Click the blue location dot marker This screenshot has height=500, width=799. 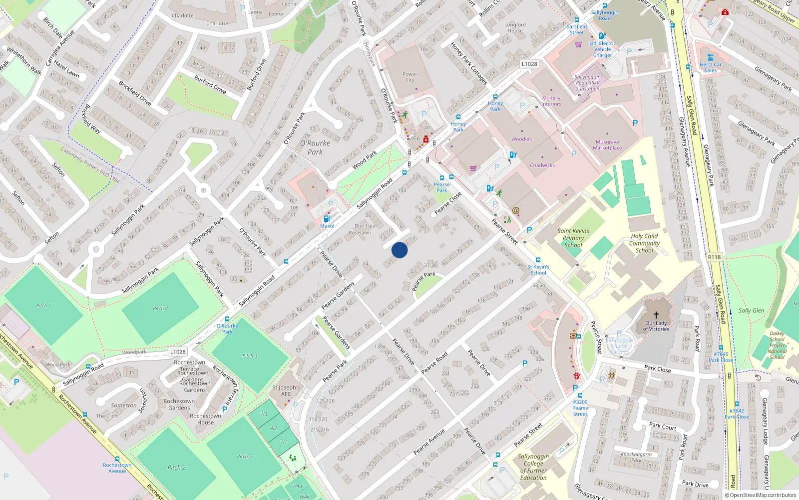[399, 250]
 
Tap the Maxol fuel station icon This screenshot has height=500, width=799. [327, 218]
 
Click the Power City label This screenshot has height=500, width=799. [410, 77]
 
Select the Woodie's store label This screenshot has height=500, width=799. [522, 139]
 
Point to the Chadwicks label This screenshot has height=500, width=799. [542, 165]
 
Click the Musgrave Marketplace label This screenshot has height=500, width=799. [607, 145]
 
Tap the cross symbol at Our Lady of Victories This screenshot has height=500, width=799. [656, 314]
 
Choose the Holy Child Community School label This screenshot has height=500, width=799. [644, 243]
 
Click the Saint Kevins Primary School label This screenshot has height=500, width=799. [573, 238]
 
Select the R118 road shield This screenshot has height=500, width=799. [714, 257]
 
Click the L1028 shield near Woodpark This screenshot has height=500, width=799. [177, 351]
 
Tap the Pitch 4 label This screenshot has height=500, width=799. [160, 308]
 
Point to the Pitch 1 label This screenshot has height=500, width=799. [43, 305]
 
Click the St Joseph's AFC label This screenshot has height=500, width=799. [286, 390]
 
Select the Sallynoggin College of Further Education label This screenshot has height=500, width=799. [533, 467]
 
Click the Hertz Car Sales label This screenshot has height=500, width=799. [711, 67]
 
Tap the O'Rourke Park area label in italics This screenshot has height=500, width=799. [315, 147]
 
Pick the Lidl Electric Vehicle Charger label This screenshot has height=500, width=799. [603, 49]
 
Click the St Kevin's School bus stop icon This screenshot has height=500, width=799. [538, 260]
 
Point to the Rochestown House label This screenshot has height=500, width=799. [205, 419]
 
